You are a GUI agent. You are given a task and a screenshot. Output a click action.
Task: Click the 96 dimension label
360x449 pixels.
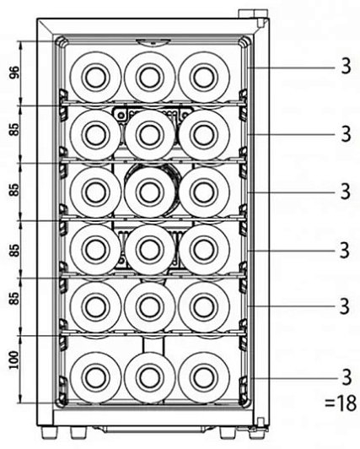14,73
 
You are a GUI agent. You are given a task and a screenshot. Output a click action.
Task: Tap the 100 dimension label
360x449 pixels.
13,360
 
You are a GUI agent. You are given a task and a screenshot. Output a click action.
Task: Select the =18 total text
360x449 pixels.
341,403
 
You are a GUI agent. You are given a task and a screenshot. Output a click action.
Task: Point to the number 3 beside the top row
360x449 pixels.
346,67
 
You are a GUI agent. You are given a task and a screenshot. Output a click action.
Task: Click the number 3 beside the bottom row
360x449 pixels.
347,377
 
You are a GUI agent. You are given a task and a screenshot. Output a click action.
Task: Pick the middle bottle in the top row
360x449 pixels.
150,78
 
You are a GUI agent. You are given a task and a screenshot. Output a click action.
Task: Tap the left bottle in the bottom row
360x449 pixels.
95,377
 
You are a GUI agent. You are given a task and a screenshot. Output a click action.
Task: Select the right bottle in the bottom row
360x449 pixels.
203,377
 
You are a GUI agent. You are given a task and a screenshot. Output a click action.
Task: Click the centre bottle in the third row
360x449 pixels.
150,192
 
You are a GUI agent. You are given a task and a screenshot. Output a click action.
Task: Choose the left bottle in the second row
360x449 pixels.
95,135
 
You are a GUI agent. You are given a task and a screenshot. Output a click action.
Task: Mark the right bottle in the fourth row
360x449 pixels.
203,250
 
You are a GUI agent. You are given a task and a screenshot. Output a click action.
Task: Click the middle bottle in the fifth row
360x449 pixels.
150,307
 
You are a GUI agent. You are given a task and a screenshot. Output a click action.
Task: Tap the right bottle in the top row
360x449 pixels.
203,78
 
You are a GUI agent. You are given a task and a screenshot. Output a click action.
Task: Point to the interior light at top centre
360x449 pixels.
153,42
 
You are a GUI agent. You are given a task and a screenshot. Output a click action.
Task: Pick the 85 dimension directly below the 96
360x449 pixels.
14,129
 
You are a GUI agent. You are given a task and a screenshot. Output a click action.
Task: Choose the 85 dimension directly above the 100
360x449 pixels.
14,298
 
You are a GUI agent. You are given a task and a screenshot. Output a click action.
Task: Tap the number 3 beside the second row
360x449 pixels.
346,134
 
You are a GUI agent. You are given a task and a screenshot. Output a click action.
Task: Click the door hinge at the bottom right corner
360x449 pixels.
261,425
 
